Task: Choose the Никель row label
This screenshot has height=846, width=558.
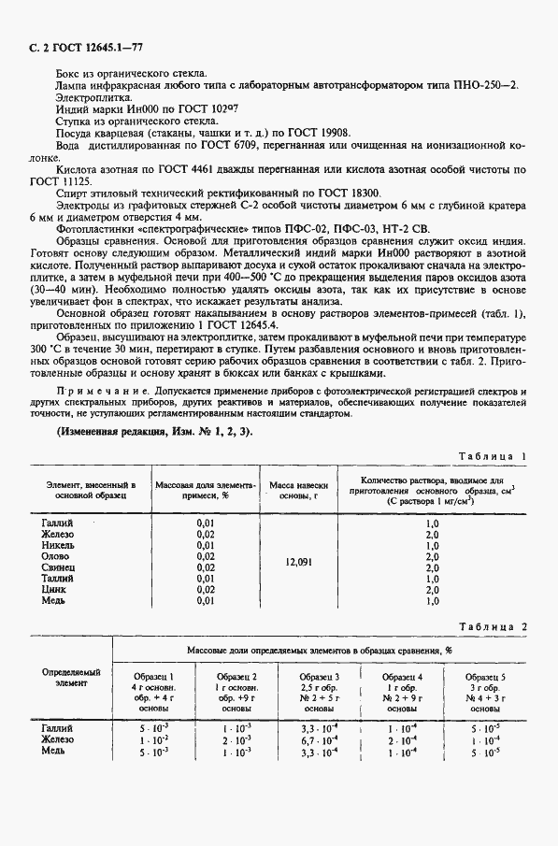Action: pyautogui.click(x=60, y=545)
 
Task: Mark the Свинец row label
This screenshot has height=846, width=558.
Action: pyautogui.click(x=60, y=567)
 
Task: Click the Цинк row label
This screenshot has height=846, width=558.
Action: pyautogui.click(x=55, y=590)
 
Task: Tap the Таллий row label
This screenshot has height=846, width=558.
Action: pyautogui.click(x=60, y=579)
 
